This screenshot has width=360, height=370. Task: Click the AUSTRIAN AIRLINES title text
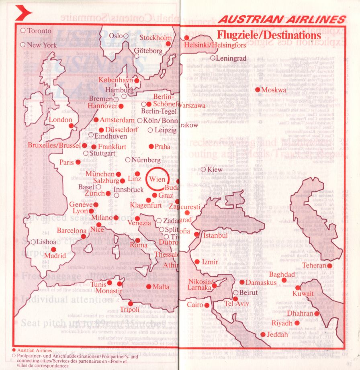(x=282, y=20)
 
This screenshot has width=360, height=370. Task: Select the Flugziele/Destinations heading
(x=269, y=35)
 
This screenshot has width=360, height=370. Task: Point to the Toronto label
(x=39, y=31)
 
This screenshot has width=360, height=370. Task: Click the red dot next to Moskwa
(x=258, y=90)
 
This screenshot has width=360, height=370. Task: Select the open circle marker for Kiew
(x=203, y=170)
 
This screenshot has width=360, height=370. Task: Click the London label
(x=60, y=120)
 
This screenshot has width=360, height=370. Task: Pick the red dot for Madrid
(x=53, y=249)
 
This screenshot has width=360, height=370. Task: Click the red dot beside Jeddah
(x=263, y=334)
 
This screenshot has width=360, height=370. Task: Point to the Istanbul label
(x=216, y=235)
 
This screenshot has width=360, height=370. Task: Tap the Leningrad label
(x=231, y=58)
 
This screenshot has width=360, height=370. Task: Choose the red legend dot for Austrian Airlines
(x=14, y=350)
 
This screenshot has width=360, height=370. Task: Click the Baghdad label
(x=282, y=274)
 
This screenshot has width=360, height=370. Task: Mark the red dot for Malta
(x=149, y=286)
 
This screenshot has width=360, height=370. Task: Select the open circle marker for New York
(x=23, y=45)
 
